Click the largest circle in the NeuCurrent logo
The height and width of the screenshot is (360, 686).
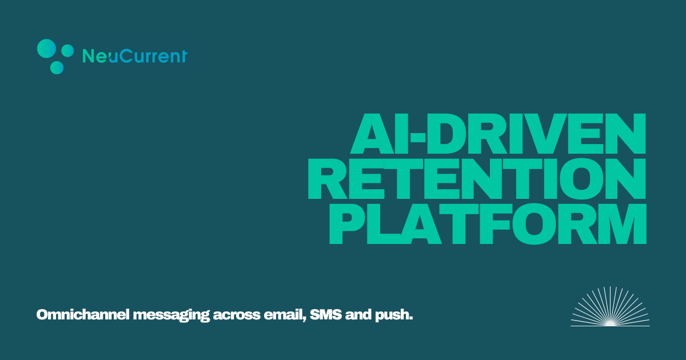(46, 49)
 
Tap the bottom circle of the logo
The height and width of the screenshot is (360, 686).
(57, 67)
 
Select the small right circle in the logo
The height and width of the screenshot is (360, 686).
(67, 51)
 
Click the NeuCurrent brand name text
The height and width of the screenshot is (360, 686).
(135, 56)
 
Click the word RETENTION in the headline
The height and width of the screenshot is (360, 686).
(477, 179)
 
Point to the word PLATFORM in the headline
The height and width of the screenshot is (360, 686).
(488, 223)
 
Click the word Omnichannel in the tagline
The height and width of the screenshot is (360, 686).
(83, 315)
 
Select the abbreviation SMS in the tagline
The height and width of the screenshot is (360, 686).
(326, 315)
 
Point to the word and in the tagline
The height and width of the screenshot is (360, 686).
(358, 315)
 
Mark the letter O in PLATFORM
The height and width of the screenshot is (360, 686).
(535, 223)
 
